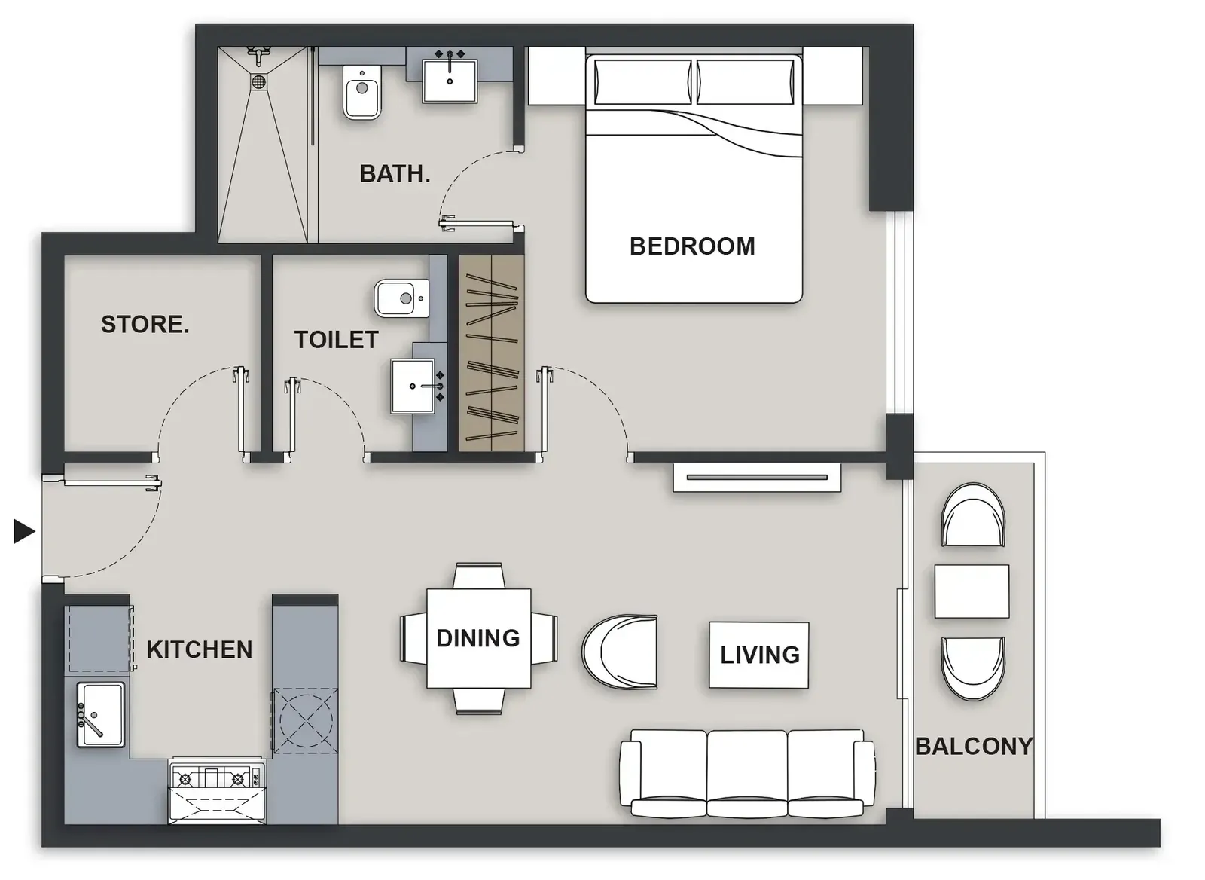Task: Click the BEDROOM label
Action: [692, 246]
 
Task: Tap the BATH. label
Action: [395, 174]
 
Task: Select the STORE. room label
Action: [145, 324]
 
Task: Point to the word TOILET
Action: [336, 340]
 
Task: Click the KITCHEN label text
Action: [200, 649]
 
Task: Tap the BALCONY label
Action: [974, 746]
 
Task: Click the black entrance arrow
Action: [24, 532]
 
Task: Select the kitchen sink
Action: [101, 715]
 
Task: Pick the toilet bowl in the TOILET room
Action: [401, 298]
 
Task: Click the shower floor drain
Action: [259, 82]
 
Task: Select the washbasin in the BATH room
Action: [450, 81]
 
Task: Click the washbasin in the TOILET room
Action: [413, 386]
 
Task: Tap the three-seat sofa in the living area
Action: [747, 773]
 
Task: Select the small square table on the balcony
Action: [972, 591]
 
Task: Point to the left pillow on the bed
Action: [643, 82]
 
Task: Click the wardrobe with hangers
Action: [492, 353]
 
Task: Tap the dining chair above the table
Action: [479, 576]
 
